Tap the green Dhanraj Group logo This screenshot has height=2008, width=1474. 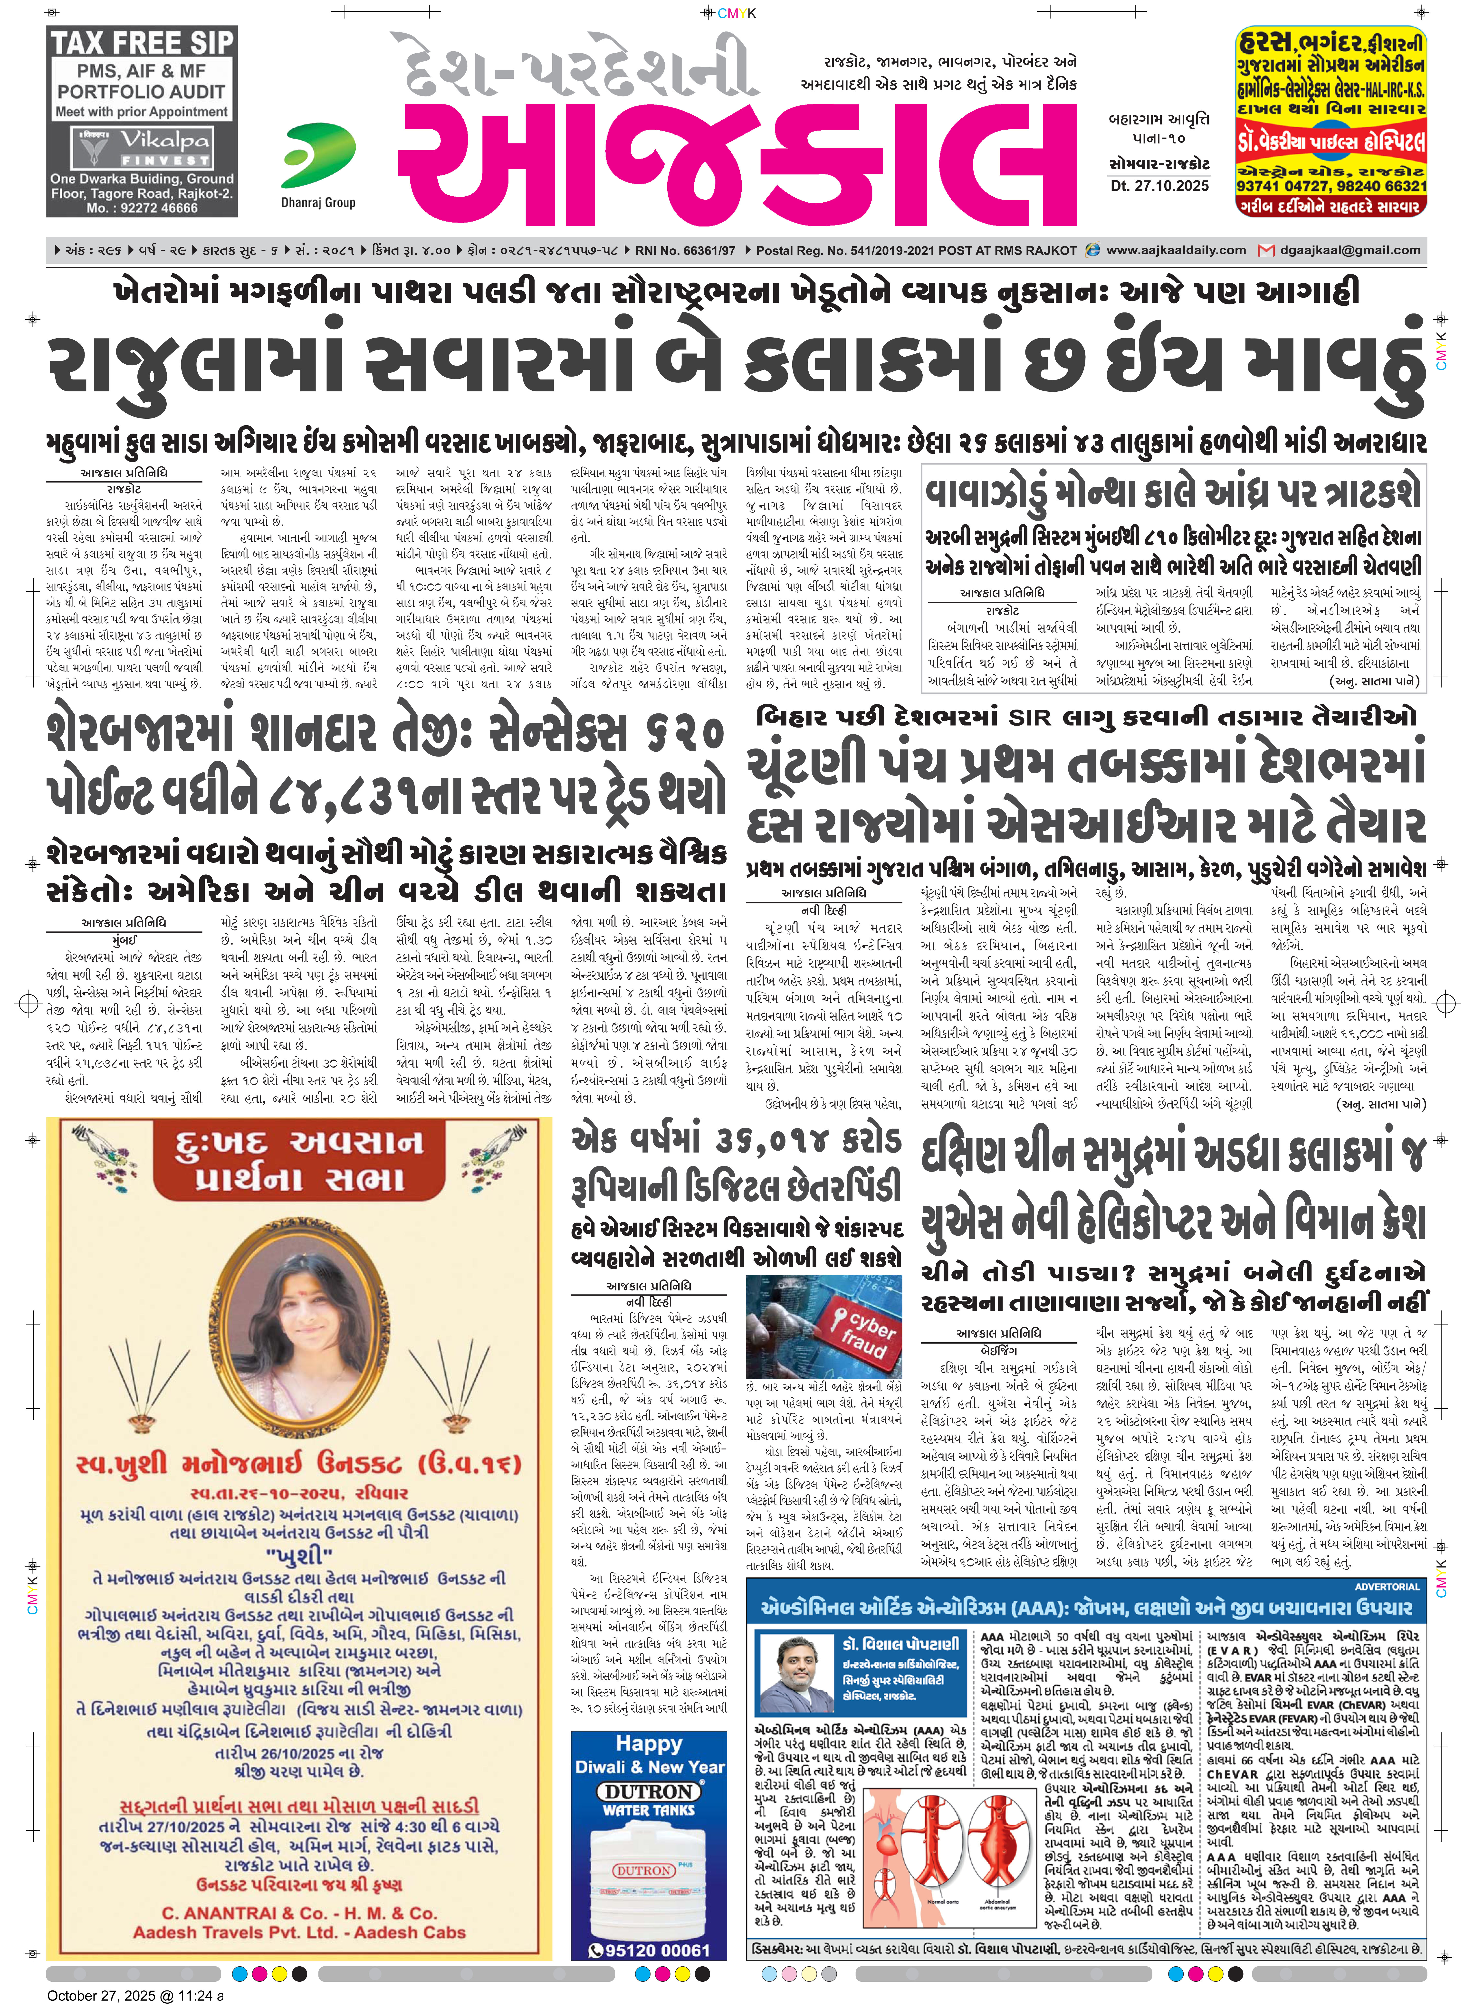318,156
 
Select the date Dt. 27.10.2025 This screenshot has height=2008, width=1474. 1159,186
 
